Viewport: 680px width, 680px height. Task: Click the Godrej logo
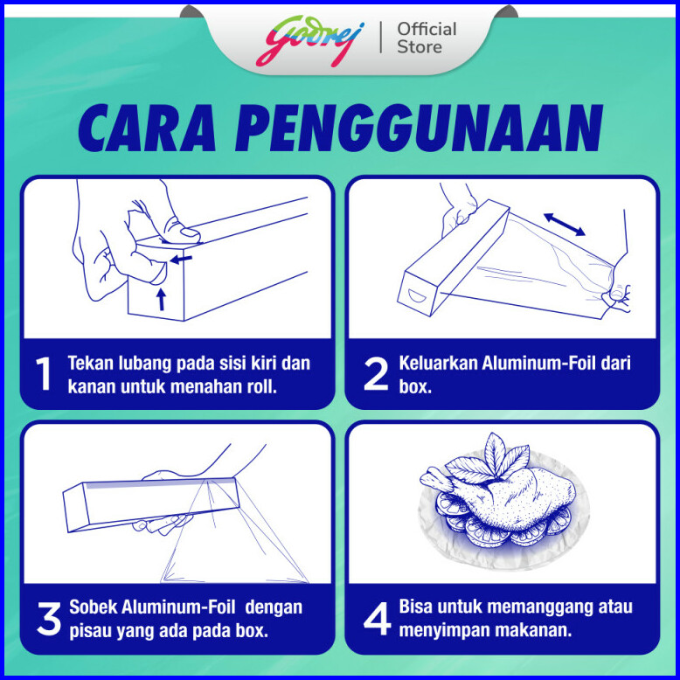pos(309,41)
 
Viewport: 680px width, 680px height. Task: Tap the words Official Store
pos(427,38)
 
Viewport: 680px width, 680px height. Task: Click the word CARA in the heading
pos(146,128)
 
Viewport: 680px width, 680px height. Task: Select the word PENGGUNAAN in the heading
pos(419,128)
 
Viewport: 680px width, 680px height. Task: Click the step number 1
pos(44,373)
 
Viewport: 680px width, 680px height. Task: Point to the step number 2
pos(376,373)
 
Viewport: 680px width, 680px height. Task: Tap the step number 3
pos(49,619)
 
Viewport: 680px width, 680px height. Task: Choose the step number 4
pos(378,619)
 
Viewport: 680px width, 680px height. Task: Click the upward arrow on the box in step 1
pos(162,299)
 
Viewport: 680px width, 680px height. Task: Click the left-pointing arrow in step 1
pos(180,260)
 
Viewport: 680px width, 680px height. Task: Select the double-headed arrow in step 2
pos(565,225)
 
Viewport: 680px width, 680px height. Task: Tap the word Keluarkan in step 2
pos(438,363)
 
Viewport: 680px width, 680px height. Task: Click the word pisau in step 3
pos(87,631)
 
